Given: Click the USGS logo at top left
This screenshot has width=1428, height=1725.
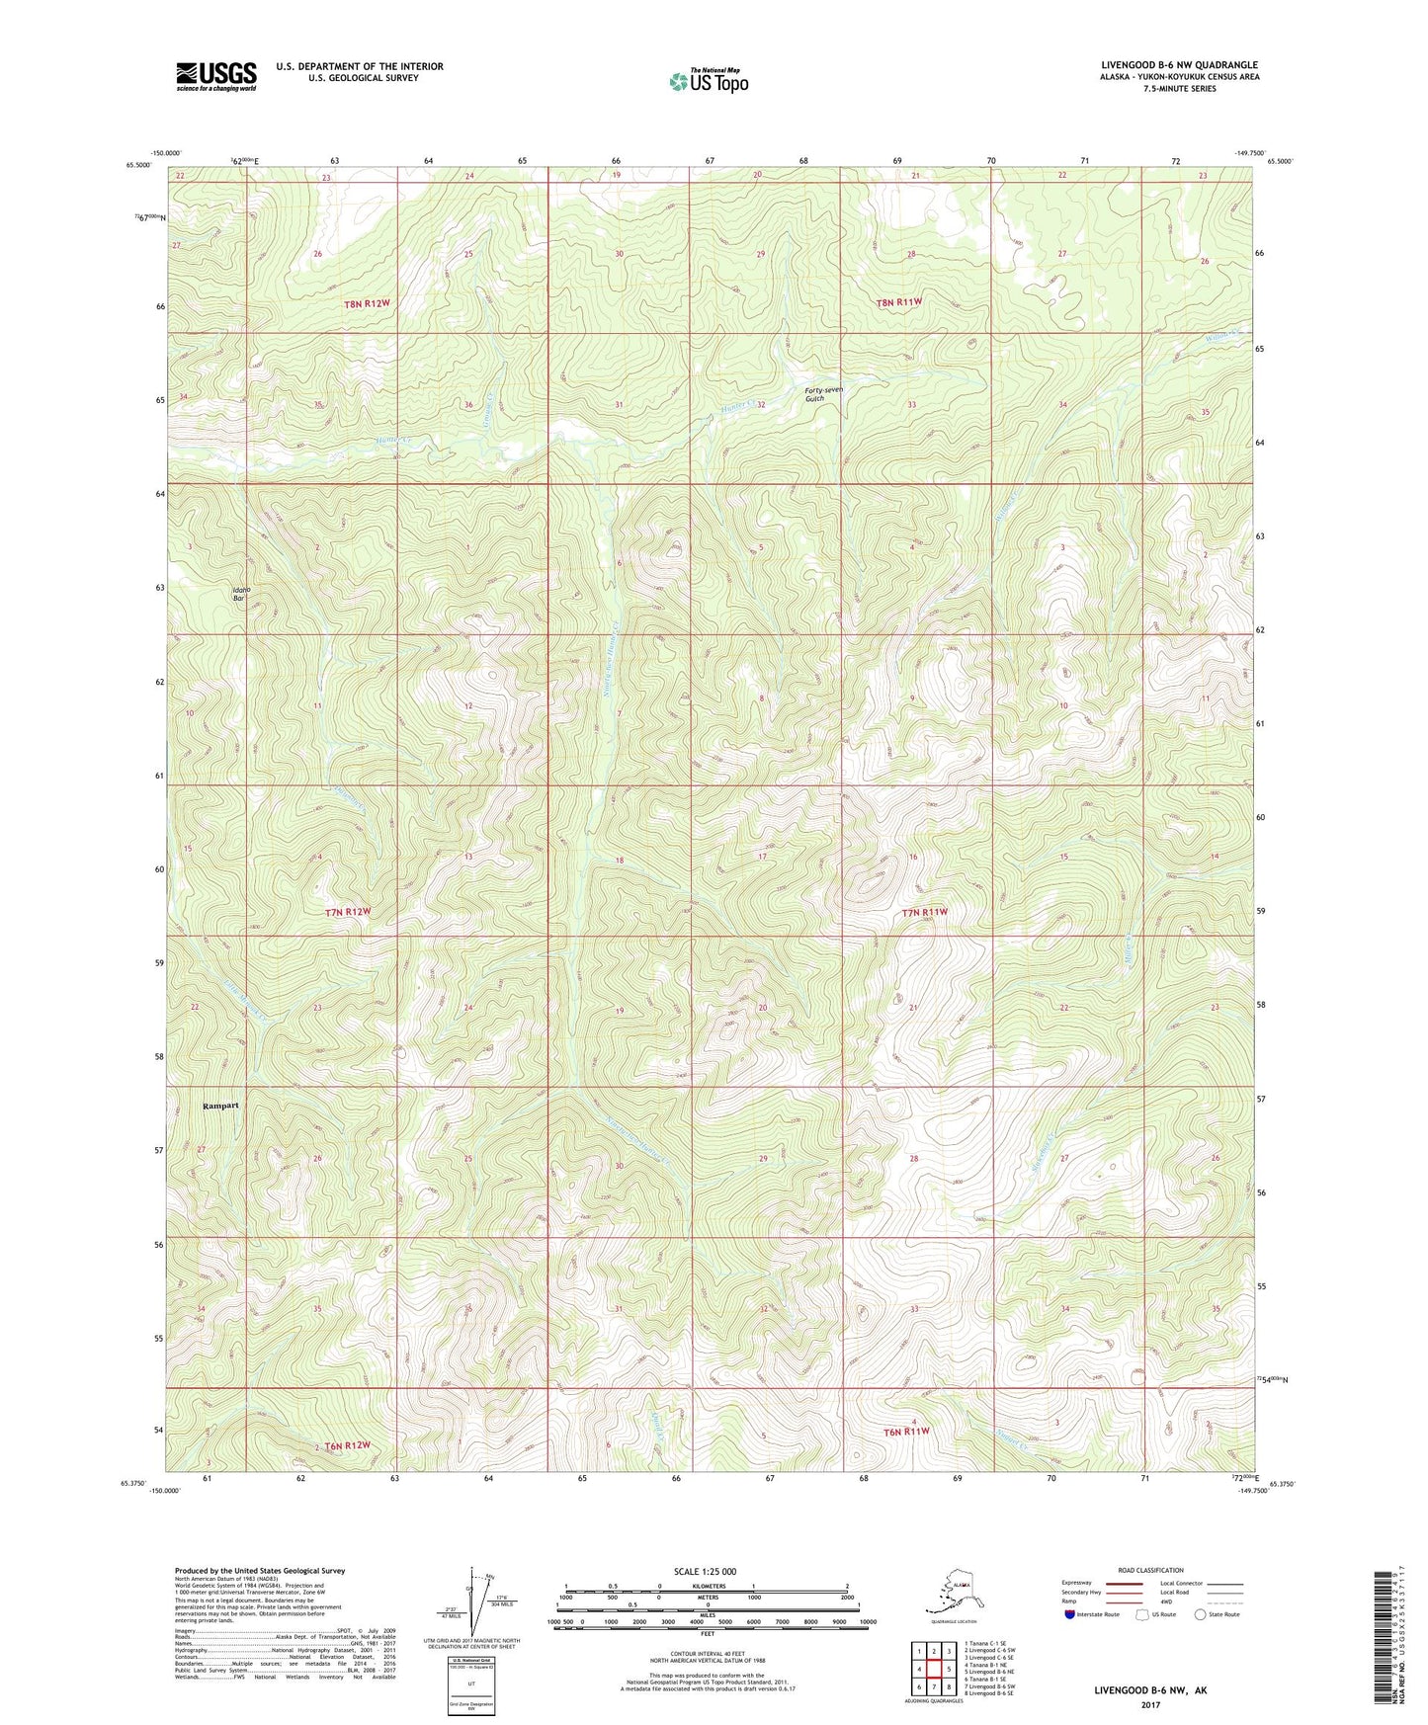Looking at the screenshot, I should pos(216,76).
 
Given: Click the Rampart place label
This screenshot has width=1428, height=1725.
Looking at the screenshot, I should pos(220,1106).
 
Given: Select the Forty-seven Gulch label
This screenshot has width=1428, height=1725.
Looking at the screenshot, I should pos(824,393).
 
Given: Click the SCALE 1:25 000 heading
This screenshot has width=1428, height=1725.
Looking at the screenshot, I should pos(705,1571).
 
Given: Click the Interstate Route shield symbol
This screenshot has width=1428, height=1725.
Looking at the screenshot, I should pos(1070,1615).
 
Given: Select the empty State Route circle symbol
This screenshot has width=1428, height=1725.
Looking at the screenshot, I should pos(1200,1615).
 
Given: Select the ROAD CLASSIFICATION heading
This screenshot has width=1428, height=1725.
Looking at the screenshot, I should pos(1151,1570).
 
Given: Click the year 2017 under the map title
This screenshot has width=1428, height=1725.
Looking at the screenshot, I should pos(1150,1704).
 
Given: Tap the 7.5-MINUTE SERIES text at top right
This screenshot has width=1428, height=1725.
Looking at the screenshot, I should pos(1179,89).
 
